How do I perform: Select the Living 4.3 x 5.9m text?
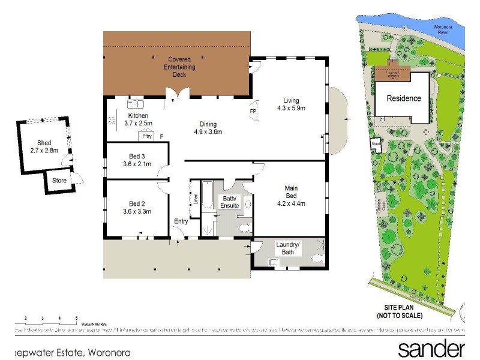[x=291, y=104]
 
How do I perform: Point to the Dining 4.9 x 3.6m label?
[x=207, y=128]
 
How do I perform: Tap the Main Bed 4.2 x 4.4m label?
[x=291, y=196]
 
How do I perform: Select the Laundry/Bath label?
[x=287, y=248]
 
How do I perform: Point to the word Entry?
[x=181, y=221]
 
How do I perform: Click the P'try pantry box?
[x=148, y=136]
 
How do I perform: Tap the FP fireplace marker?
[x=253, y=112]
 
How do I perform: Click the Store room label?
[x=59, y=179]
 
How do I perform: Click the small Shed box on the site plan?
[x=376, y=145]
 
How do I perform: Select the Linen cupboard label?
[x=196, y=199]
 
